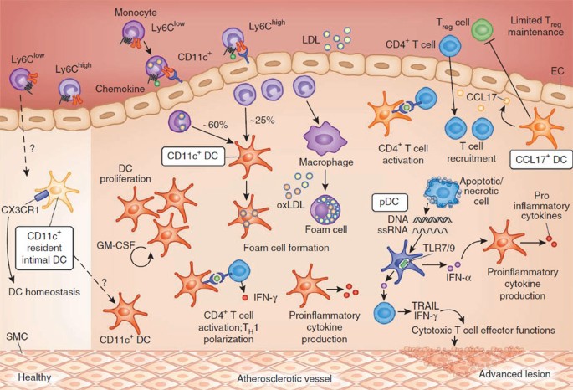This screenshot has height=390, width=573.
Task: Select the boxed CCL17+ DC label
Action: tap(539, 156)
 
